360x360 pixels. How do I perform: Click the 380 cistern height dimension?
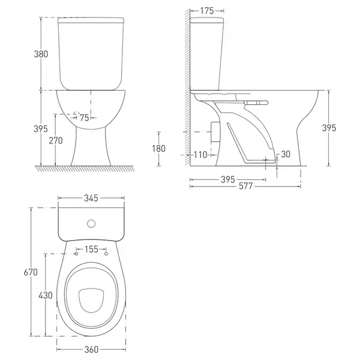coord(41,54)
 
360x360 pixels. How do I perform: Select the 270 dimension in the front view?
coord(56,140)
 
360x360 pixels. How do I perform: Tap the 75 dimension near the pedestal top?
coord(84,118)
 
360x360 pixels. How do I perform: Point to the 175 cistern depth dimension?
coord(207,11)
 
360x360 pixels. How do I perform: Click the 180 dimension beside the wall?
coord(158,149)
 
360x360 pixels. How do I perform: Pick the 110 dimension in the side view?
coord(200,155)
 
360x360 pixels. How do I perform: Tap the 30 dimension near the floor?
coord(286,154)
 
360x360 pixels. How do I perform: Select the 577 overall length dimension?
coord(245,186)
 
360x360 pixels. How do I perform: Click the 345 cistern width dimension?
coord(91,198)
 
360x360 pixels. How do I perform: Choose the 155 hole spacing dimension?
coord(91,249)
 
